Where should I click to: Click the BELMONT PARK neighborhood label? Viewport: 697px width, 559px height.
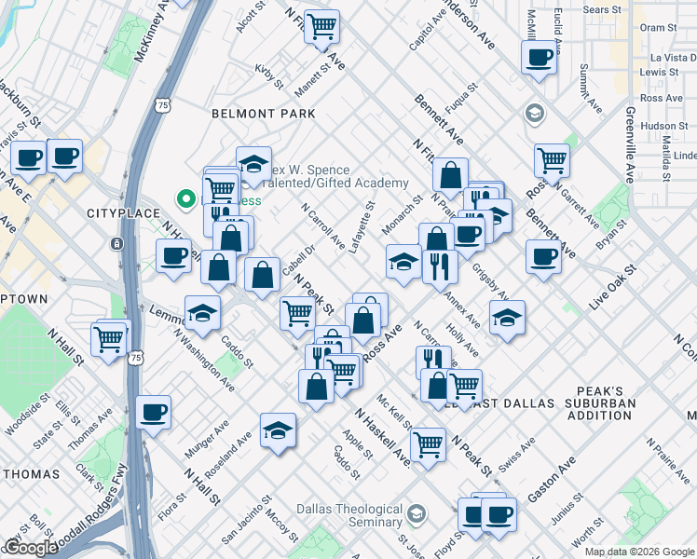point(263,114)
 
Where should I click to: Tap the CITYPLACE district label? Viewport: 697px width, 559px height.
point(118,213)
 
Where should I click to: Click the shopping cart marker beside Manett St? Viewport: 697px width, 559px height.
point(322,27)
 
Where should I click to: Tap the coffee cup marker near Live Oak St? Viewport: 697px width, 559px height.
point(543,256)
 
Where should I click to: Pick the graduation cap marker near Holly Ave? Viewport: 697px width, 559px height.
point(506,318)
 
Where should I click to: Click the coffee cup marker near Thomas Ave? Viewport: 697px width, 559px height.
point(153,412)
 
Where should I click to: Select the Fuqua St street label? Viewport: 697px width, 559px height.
point(461,100)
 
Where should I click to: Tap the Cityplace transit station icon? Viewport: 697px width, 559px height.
point(116,243)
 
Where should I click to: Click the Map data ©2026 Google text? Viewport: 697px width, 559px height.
point(638,552)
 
